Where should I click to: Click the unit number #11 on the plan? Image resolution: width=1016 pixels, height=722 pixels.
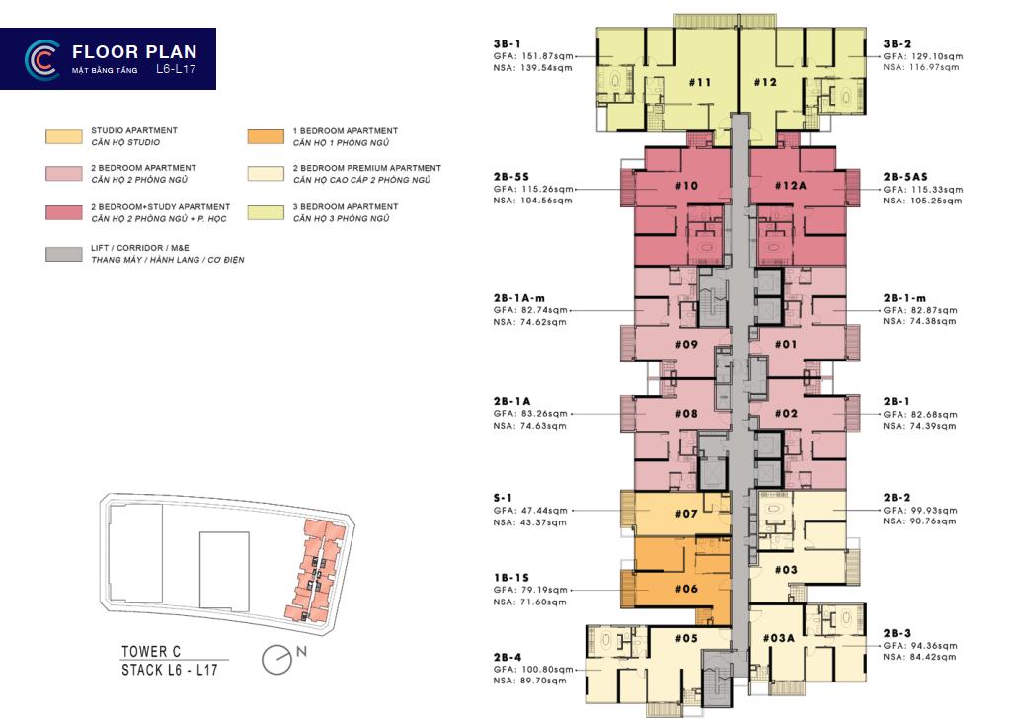[700, 82]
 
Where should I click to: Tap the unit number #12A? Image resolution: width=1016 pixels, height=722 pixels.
[791, 186]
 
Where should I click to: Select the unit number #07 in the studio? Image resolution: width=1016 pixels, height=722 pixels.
[686, 514]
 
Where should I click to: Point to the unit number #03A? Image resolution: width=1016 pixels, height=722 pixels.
[778, 638]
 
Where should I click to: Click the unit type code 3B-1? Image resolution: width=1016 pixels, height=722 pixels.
[507, 44]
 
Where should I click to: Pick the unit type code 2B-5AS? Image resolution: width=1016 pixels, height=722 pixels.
[905, 176]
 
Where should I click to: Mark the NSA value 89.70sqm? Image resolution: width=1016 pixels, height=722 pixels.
[543, 681]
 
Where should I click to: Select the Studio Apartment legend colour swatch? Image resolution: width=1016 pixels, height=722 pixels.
[64, 136]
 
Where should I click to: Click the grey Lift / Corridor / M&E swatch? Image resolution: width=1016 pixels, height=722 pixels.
[64, 254]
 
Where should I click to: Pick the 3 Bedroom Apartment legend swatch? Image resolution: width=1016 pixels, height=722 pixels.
[266, 213]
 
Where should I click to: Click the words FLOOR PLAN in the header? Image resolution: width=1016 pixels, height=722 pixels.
[134, 51]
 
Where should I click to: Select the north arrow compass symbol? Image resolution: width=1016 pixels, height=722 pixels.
[277, 660]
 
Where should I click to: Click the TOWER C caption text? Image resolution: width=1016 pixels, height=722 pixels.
[151, 651]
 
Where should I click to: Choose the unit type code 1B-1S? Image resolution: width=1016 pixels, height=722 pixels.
[511, 578]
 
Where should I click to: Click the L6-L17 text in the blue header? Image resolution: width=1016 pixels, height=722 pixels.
[176, 69]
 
